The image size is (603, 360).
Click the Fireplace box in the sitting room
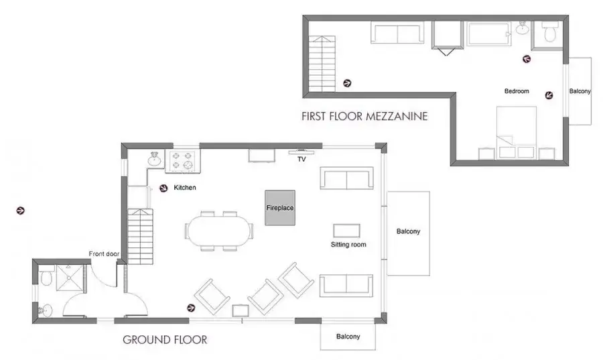pos(280,208)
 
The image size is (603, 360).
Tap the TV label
pos(301,160)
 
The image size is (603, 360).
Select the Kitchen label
pos(185,188)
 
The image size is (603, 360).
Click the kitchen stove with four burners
pos(182,161)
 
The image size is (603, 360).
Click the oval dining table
pos(218,231)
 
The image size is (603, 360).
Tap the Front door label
pos(104,254)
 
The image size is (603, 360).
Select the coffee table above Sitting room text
pos(346,231)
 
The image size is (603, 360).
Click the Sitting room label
pos(348,245)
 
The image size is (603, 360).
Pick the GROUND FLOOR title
pos(165,340)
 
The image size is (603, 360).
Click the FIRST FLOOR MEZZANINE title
pos(364,116)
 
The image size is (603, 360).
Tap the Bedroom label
pos(517,91)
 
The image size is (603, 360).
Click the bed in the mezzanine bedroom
pos(517,133)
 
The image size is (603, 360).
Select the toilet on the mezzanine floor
pos(550,32)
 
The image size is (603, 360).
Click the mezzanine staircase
pos(322,64)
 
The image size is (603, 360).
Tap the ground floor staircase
pos(141,236)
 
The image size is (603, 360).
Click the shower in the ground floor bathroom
pos(70,278)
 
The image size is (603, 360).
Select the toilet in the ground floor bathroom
pos(46,278)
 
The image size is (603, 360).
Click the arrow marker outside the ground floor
pos(20,211)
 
